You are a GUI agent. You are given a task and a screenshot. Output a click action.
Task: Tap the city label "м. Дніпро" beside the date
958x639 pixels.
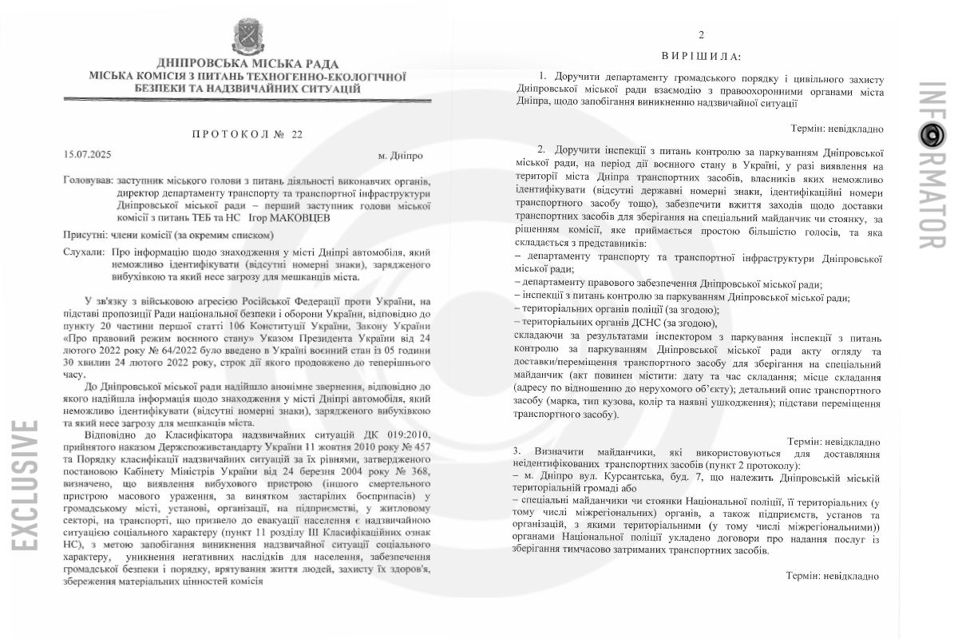[401, 154]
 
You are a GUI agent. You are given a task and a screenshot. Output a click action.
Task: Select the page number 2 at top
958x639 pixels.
[701, 34]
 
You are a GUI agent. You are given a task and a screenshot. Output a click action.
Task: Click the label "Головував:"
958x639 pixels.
[88, 181]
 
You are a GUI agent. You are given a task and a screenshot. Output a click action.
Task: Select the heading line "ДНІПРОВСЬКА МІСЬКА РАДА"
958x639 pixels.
[247, 64]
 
